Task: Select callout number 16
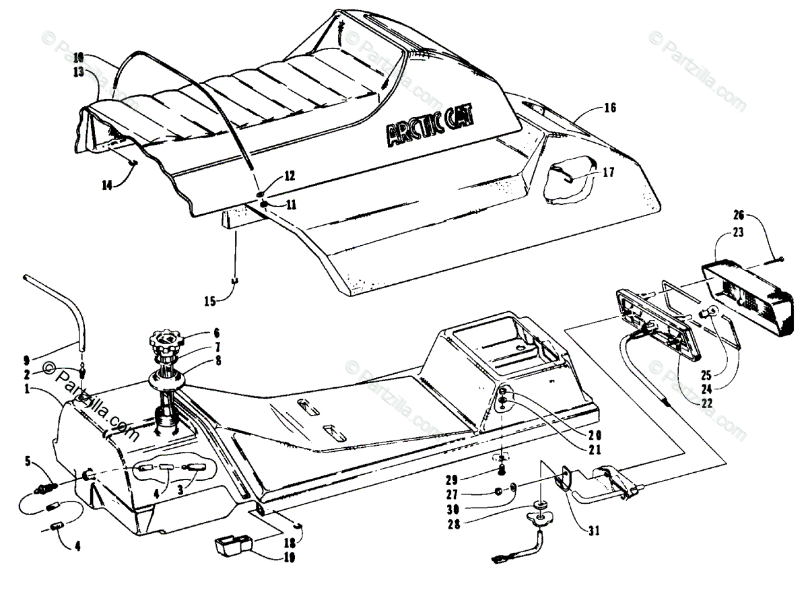pyautogui.click(x=610, y=108)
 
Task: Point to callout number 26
pyautogui.click(x=739, y=216)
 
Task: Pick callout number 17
pyautogui.click(x=609, y=172)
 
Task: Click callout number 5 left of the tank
pyautogui.click(x=28, y=461)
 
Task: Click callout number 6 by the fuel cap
pyautogui.click(x=217, y=332)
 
